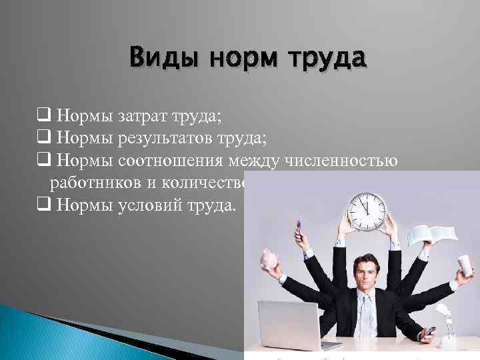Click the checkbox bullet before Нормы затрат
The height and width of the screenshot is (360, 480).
click(46, 117)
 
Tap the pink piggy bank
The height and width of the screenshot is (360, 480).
click(272, 260)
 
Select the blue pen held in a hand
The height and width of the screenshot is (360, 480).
click(300, 232)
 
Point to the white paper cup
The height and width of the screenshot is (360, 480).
click(465, 266)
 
